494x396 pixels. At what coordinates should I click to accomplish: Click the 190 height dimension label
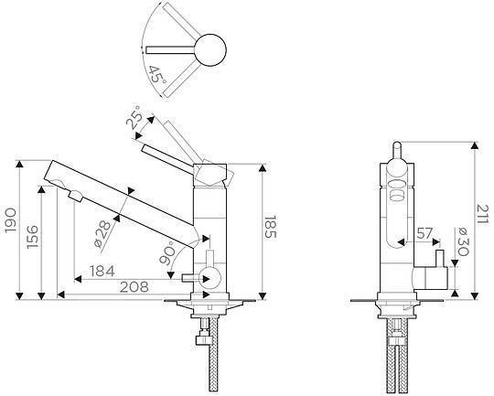click(10, 220)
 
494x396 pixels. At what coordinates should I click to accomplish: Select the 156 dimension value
click(32, 237)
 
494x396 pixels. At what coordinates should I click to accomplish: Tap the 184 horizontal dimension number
click(102, 271)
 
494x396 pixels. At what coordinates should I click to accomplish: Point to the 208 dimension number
click(134, 286)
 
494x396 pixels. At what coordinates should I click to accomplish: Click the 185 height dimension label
click(270, 228)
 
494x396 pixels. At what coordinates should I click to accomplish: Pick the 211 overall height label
click(482, 214)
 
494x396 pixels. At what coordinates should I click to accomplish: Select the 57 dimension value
click(424, 233)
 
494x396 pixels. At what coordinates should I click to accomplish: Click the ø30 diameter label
click(464, 241)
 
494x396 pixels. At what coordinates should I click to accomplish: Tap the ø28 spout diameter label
click(103, 234)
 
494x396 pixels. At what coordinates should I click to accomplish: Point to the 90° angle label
click(167, 252)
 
